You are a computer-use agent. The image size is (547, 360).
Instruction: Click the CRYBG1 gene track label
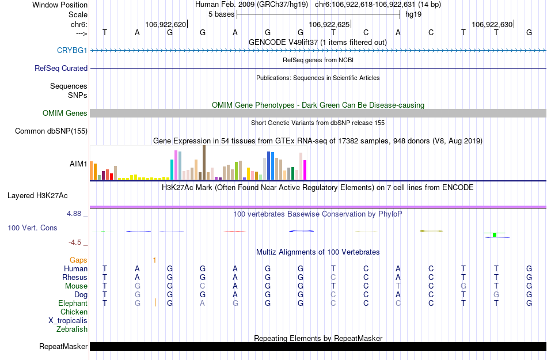pos(72,50)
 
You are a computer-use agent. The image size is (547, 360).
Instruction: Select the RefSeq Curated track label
pos(61,68)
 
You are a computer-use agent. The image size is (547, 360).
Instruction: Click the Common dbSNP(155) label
pos(51,131)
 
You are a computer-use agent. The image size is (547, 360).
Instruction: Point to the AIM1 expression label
pos(78,164)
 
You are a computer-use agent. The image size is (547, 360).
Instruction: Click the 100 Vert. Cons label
pos(32,228)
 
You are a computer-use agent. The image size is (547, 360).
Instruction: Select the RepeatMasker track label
pos(63,347)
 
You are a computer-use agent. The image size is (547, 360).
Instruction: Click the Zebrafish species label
pos(72,329)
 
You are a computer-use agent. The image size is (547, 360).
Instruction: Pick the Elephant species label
pos(73,304)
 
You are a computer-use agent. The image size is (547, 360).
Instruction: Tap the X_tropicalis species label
pos(68,321)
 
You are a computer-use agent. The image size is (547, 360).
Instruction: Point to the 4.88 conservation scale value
pos(77,214)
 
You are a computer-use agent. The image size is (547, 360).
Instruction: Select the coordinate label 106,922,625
pos(329,25)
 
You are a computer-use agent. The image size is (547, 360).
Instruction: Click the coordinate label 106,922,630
pos(491,25)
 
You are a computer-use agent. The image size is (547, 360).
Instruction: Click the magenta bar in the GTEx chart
pos(305,169)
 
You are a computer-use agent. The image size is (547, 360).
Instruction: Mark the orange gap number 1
pos(154,260)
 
